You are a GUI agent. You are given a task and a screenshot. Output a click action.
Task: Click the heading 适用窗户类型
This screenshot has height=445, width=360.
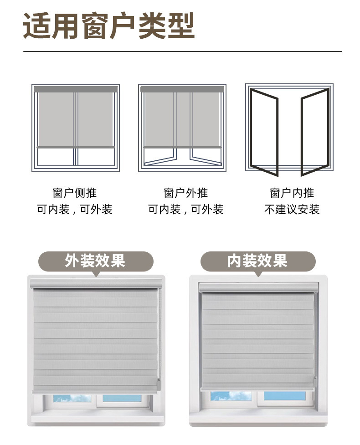pos(109,27)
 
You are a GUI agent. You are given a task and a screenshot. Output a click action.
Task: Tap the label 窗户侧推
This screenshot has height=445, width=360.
pos(75,193)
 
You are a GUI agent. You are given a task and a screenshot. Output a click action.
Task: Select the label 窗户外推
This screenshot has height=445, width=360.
pos(185,193)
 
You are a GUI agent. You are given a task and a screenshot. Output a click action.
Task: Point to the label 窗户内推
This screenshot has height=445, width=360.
pos(292,193)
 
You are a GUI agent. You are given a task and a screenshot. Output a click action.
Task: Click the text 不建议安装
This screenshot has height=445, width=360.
pos(292,210)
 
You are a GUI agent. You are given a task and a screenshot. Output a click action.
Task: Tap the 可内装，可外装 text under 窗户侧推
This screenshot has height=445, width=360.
pos(75,210)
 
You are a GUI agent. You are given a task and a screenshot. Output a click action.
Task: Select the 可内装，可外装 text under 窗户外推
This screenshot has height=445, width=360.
pos(185,210)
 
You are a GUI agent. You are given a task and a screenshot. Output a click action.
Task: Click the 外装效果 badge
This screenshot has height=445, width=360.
pos(95,261)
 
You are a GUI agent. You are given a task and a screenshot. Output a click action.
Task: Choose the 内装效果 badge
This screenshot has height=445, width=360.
pos(257,261)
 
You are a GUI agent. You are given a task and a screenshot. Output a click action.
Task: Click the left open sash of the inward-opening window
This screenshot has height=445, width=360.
pos(264,132)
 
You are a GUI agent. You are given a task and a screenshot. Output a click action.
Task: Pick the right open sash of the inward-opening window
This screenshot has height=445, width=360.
pos(315,132)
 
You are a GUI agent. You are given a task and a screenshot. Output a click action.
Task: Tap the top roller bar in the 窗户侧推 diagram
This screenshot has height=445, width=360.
pos(76,89)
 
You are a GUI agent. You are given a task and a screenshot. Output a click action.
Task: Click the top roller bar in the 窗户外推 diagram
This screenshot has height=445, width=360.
pos(182,89)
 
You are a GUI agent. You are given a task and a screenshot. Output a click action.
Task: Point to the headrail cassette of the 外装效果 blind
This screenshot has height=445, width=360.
pos(96,283)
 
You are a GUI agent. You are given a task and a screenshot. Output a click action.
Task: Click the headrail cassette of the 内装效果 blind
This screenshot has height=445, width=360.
pos(258,287)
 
